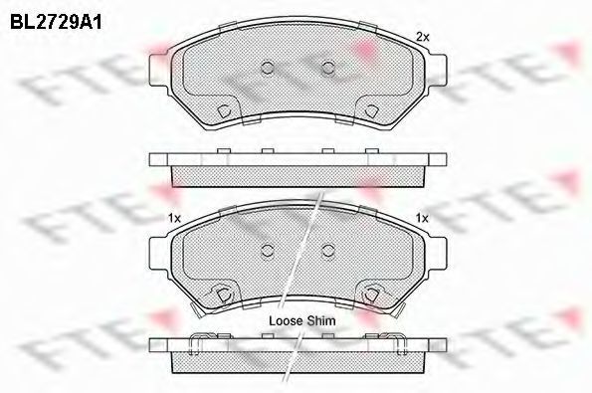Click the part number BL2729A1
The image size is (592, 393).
point(56,23)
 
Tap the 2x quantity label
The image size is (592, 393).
point(423,37)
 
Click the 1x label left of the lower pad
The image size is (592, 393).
point(175,218)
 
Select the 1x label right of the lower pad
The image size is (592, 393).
point(422,218)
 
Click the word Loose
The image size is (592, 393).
point(286,321)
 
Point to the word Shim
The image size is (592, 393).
point(320,321)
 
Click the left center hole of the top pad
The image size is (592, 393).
point(268,68)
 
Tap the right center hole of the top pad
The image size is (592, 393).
point(328,68)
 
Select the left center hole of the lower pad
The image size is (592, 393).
point(268,250)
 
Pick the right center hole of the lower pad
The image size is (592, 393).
point(328,250)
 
